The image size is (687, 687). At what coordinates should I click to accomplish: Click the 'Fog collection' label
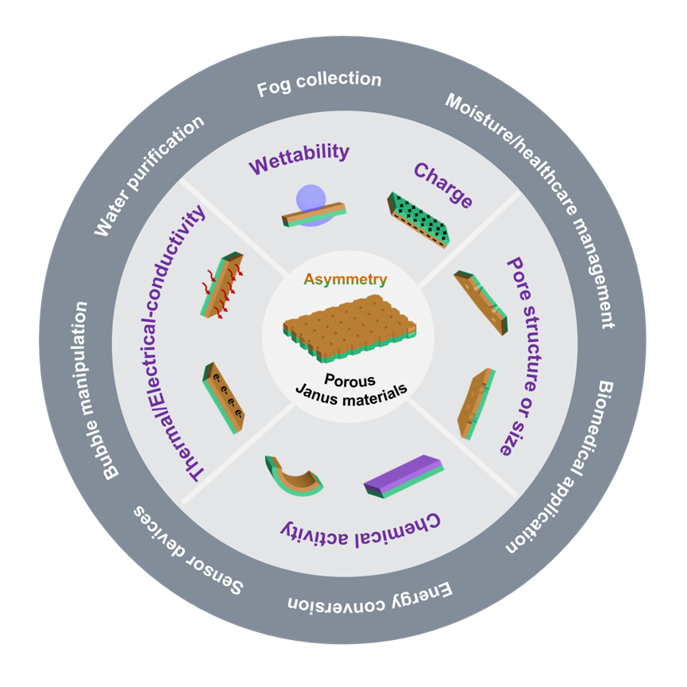pyautogui.click(x=319, y=83)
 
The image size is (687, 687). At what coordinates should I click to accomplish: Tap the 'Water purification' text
pyautogui.click(x=149, y=176)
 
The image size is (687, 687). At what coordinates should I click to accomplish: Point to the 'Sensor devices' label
pyautogui.click(x=188, y=550)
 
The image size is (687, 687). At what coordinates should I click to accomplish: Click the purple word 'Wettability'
pyautogui.click(x=299, y=157)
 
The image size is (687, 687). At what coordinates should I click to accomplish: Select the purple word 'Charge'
pyautogui.click(x=443, y=184)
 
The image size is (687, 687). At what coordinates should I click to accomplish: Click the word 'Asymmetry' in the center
pyautogui.click(x=345, y=279)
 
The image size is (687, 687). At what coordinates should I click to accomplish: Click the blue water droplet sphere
pyautogui.click(x=311, y=201)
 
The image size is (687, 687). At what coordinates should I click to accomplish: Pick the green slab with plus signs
pyautogui.click(x=419, y=220)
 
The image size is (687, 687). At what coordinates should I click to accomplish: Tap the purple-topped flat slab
pyautogui.click(x=404, y=476)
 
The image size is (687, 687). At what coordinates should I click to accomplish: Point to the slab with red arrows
pyautogui.click(x=222, y=285)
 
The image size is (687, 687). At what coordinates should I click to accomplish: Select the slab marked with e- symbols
pyautogui.click(x=223, y=398)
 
